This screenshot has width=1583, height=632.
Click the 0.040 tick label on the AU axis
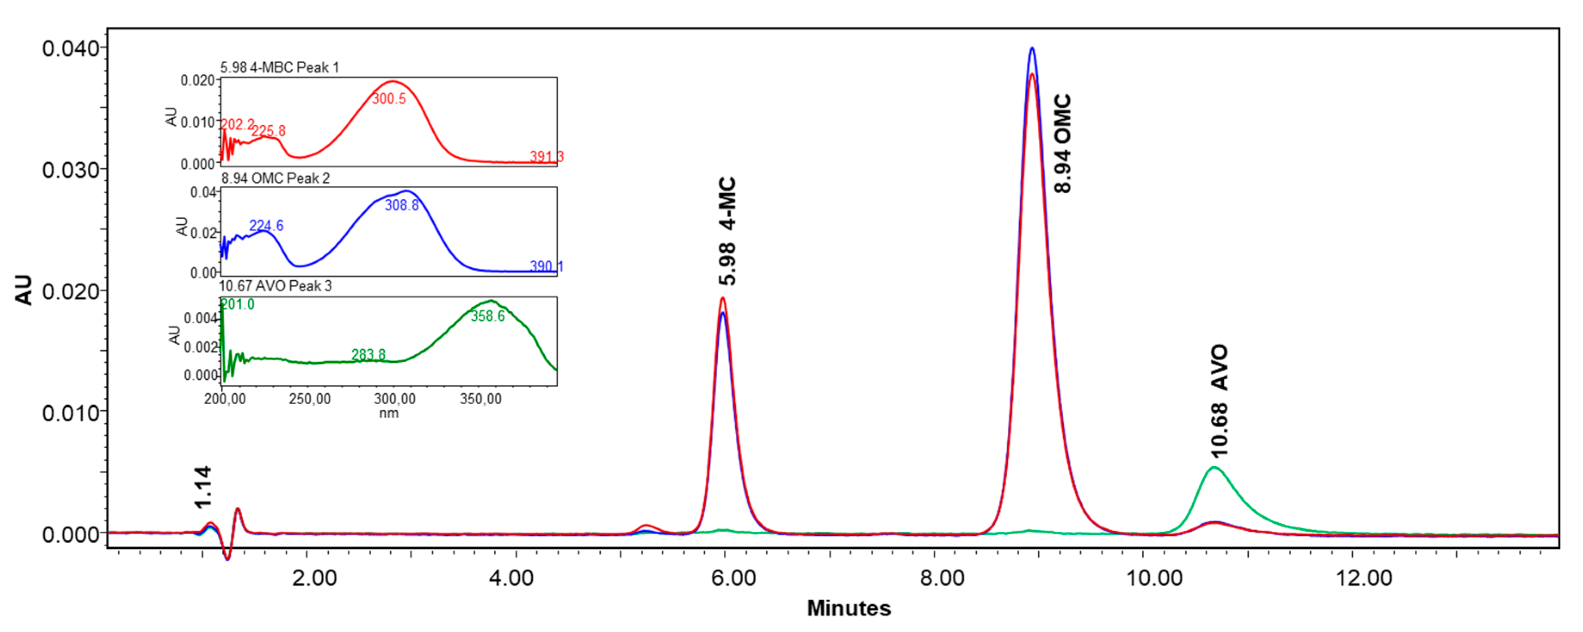(71, 49)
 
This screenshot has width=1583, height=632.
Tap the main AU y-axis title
(23, 290)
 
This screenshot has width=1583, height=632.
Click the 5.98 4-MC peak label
(727, 231)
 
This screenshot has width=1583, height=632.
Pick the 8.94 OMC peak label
(1062, 143)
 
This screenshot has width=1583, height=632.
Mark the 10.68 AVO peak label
(1219, 401)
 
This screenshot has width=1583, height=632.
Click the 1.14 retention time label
(203, 487)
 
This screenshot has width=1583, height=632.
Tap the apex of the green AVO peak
(1214, 468)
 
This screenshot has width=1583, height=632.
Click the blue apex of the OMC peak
(1032, 48)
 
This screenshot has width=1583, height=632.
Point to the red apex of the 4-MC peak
(723, 299)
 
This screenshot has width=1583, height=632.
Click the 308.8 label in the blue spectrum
(402, 205)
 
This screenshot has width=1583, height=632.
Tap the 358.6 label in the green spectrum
(488, 316)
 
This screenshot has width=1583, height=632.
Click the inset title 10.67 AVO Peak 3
(275, 286)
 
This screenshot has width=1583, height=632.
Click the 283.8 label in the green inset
(368, 355)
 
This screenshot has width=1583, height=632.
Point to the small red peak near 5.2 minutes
(646, 526)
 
